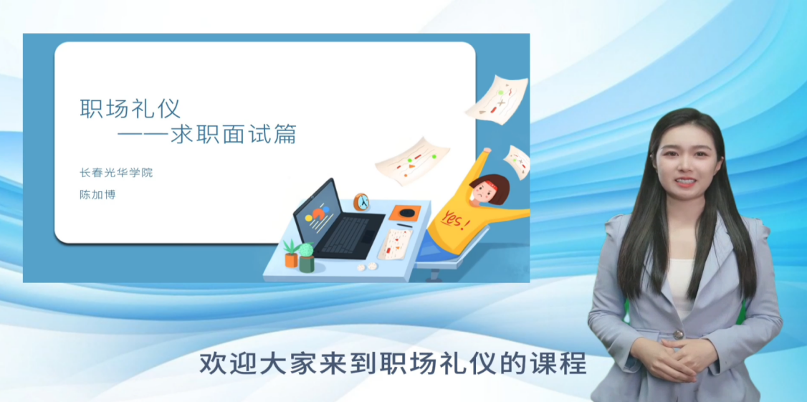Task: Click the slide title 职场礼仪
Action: point(130,109)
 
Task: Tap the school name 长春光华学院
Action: point(116,173)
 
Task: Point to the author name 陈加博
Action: point(97,195)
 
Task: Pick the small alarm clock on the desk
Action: point(361,202)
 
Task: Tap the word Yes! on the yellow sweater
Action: point(456,221)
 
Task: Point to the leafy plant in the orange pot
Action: point(291,247)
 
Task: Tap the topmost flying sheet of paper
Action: point(497,100)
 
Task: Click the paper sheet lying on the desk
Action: point(395,244)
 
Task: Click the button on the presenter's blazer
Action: point(678,334)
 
